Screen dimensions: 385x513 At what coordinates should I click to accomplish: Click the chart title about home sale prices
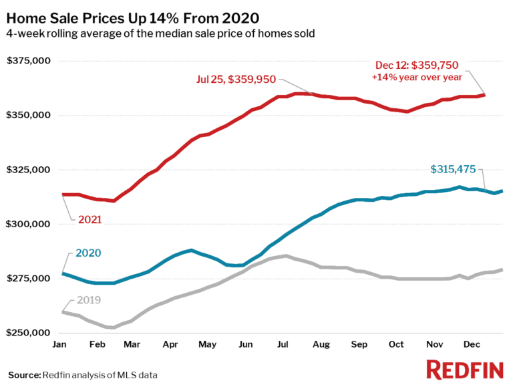tap(134, 17)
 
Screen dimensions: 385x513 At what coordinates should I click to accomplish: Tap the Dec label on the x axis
tap(472, 344)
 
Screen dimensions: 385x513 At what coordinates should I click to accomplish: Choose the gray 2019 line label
tap(88, 300)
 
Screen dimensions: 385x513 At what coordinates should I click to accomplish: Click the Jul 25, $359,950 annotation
tap(231, 79)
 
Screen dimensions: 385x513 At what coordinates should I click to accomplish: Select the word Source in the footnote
tap(23, 374)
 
